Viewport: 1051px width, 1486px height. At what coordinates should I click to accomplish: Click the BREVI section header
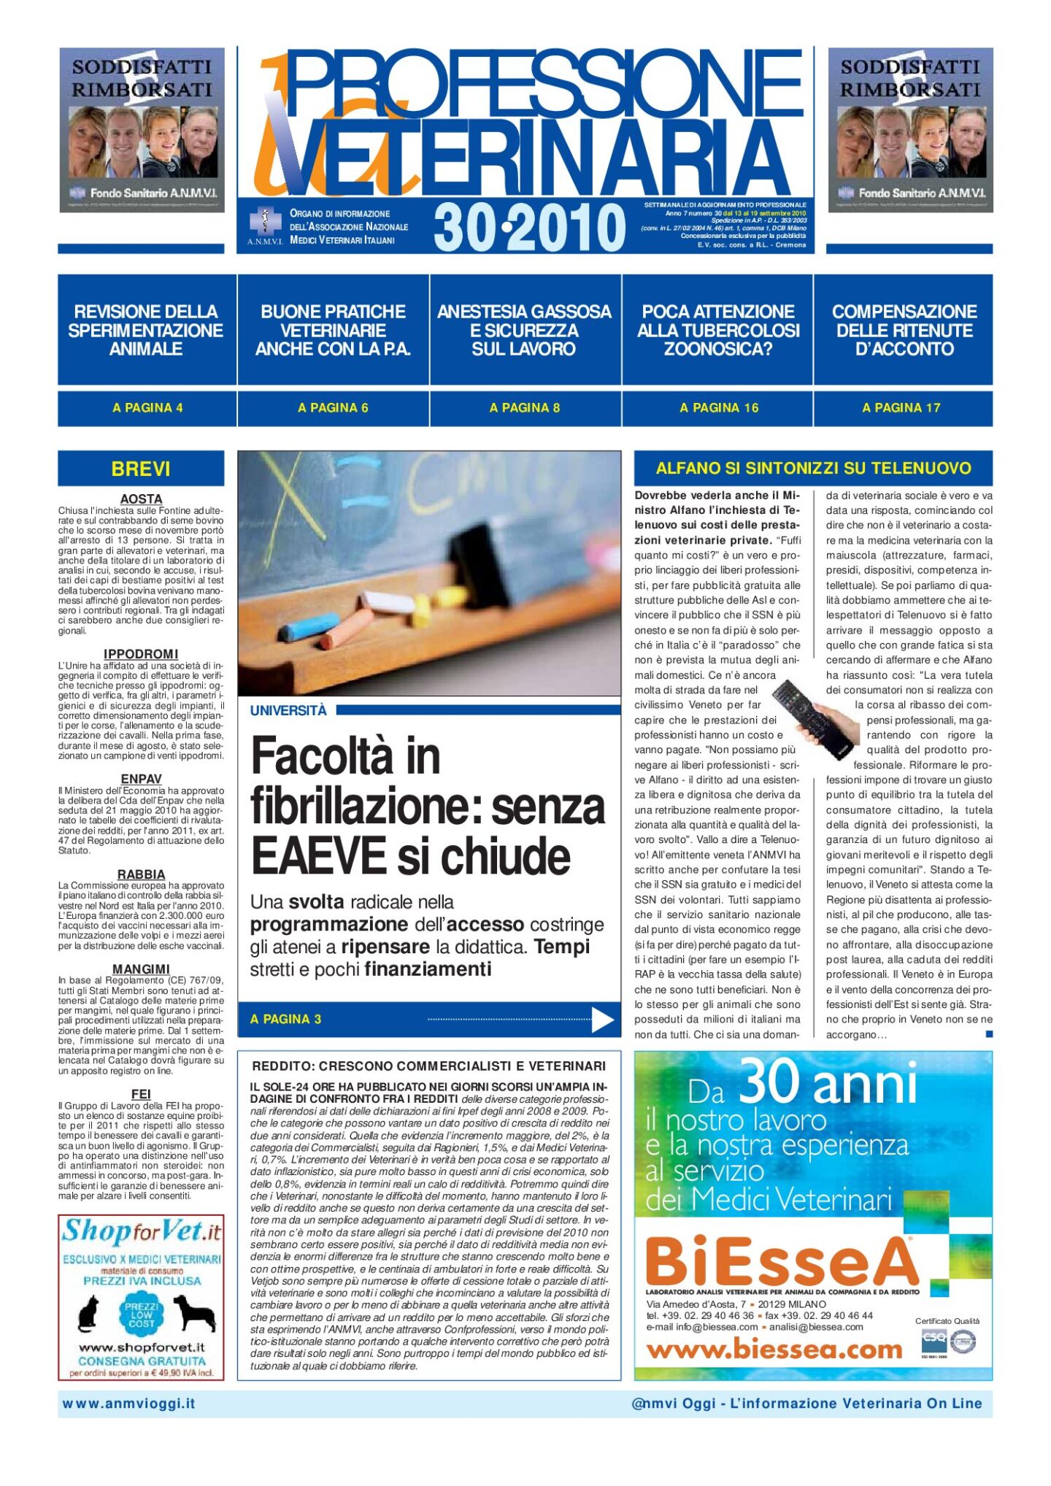pyautogui.click(x=141, y=469)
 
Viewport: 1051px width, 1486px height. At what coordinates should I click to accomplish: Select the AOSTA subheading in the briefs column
pyautogui.click(x=141, y=499)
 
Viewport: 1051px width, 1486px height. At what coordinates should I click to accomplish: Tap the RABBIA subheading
pyautogui.click(x=141, y=874)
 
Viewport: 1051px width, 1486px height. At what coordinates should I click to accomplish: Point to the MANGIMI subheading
pyautogui.click(x=141, y=969)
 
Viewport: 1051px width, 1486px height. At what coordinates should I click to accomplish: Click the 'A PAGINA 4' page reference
pyautogui.click(x=147, y=408)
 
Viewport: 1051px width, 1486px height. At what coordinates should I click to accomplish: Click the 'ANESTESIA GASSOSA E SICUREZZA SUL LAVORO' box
pyautogui.click(x=524, y=330)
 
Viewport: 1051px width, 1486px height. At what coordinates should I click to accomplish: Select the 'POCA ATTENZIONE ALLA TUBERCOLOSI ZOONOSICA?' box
pyautogui.click(x=717, y=330)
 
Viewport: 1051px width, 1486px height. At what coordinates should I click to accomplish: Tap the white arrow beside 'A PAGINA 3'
pyautogui.click(x=602, y=1019)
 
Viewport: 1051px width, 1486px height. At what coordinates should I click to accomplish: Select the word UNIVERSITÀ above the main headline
pyautogui.click(x=288, y=711)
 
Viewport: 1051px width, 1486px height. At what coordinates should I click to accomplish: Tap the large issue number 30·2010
pyautogui.click(x=529, y=227)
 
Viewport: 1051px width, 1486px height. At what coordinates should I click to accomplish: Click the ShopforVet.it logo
pyautogui.click(x=141, y=1232)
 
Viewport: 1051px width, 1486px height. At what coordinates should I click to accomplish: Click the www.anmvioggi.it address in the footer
pyautogui.click(x=129, y=1403)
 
